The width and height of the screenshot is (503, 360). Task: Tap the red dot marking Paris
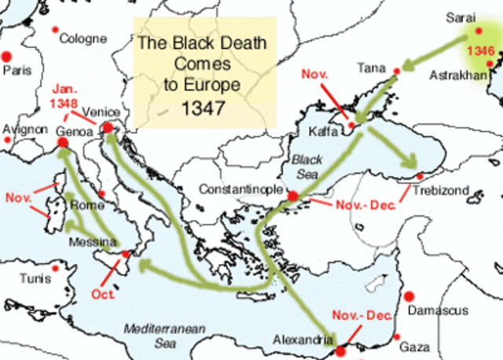7,57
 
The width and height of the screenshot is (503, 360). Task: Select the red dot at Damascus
408,296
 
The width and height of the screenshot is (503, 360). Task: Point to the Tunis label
35,279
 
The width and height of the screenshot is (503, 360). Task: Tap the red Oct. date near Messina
103,295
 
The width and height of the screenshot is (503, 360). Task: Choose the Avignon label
26,128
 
